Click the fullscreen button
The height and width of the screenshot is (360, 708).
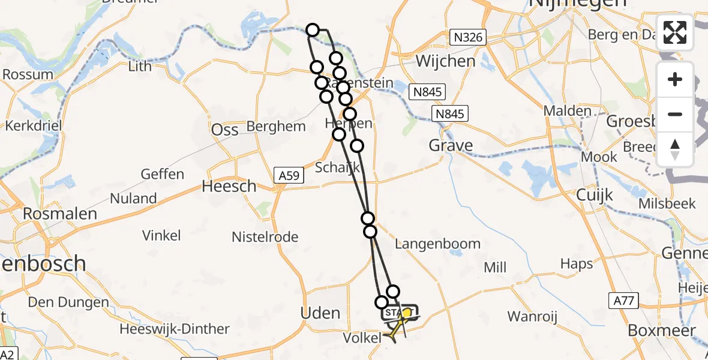[675, 32]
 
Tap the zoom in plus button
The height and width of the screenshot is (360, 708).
[675, 79]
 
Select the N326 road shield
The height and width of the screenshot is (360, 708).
[469, 38]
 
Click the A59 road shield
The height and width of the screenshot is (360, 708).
[290, 175]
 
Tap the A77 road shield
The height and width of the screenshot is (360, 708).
[624, 301]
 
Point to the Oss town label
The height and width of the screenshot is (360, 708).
[225, 130]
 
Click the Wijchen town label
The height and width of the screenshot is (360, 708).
[445, 61]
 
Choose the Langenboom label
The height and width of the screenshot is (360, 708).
[438, 244]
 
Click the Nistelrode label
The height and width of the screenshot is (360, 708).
[265, 237]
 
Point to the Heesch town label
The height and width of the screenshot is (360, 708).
[229, 187]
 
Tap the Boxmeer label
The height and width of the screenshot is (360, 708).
[662, 331]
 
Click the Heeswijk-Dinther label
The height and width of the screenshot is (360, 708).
[174, 329]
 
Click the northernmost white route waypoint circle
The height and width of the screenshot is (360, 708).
[312, 29]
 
